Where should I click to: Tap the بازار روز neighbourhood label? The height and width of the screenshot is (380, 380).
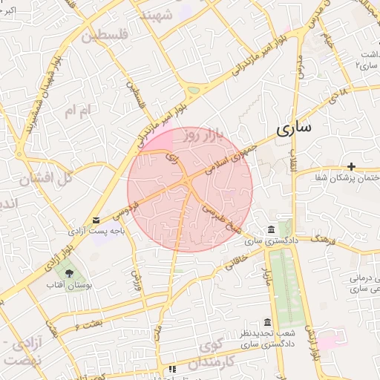pyautogui.click(x=203, y=136)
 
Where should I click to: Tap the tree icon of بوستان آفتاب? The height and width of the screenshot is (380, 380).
pyautogui.click(x=69, y=273)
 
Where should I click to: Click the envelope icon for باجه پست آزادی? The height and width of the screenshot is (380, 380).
pyautogui.click(x=96, y=220)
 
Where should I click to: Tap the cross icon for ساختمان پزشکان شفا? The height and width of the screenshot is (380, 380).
pyautogui.click(x=351, y=167)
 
